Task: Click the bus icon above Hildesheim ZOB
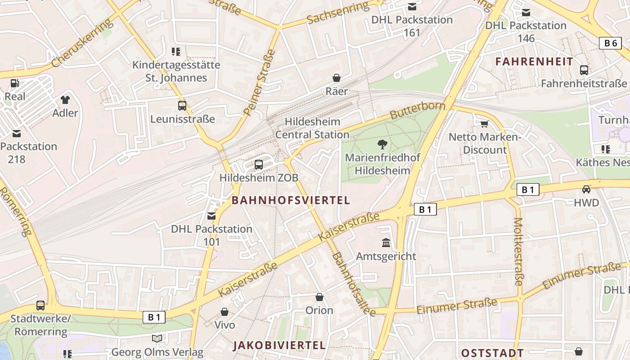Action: (x=259, y=165)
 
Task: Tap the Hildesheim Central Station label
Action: (x=312, y=128)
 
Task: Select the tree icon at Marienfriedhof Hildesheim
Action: (x=382, y=144)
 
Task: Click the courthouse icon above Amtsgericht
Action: (x=386, y=243)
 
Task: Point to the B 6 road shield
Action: (x=610, y=43)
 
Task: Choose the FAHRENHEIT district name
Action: (x=534, y=62)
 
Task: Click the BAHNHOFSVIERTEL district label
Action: (x=291, y=201)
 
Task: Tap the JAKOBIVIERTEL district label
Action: (x=279, y=346)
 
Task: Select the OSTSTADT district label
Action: (x=492, y=353)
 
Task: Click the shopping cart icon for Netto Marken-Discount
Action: (x=485, y=124)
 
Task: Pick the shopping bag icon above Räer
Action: (x=337, y=78)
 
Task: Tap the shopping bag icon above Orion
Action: (x=319, y=297)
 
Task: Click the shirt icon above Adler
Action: (x=65, y=99)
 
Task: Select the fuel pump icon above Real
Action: (x=15, y=83)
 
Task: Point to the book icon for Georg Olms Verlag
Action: (x=157, y=338)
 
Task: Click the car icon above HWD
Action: (x=586, y=189)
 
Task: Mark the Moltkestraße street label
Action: (x=518, y=252)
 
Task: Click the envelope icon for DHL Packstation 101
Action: (x=211, y=216)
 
